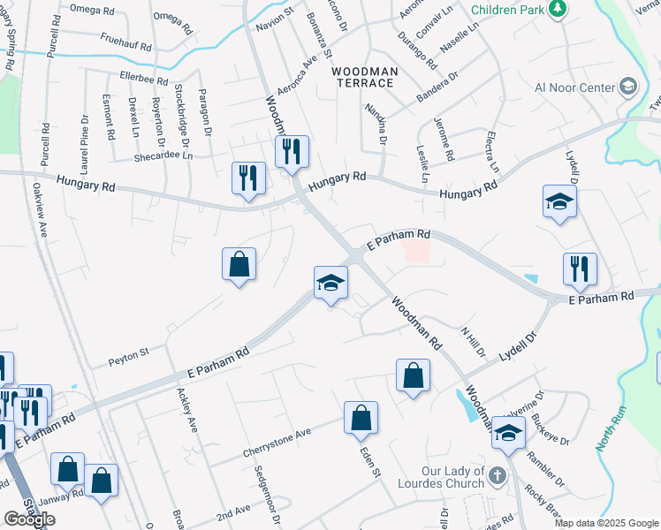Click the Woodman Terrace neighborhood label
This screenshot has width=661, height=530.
point(363,76)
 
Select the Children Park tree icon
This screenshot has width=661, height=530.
point(557,9)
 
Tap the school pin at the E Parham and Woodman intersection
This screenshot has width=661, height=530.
point(330,284)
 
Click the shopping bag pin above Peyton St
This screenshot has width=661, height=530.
point(239,264)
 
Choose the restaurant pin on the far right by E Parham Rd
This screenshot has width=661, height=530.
point(580,269)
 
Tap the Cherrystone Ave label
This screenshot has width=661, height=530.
point(278,446)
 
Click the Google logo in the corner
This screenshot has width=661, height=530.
point(29,519)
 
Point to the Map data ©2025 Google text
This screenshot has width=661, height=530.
point(606,523)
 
